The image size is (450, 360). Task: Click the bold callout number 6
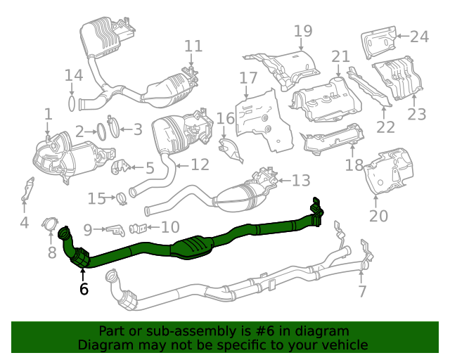(84, 288)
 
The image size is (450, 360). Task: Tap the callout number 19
(302, 31)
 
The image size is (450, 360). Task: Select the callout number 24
(419, 36)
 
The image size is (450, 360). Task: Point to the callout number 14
(74, 75)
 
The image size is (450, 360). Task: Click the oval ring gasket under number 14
(72, 104)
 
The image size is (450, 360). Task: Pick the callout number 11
(193, 46)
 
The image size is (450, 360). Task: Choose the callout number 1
(48, 114)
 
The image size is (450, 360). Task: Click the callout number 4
(24, 224)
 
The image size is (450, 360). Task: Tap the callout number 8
(51, 251)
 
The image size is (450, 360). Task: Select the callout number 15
(96, 198)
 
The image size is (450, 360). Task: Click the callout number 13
(300, 181)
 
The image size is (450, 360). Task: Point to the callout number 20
(378, 216)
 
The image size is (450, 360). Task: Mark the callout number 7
(362, 290)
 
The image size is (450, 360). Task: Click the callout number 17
(248, 77)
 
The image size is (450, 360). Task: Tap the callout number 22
(385, 127)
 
